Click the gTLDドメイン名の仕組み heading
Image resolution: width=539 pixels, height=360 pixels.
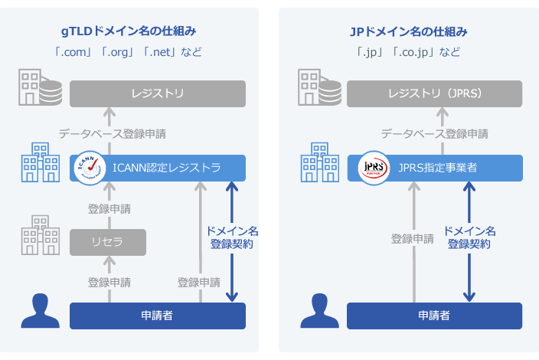pyautogui.click(x=129, y=31)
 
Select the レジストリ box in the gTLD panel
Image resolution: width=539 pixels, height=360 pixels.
pyautogui.click(x=158, y=94)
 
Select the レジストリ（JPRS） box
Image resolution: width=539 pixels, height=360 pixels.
pyautogui.click(x=435, y=94)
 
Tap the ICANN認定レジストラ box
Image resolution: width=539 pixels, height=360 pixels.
pyautogui.click(x=158, y=168)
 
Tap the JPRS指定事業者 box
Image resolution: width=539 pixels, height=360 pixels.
pyautogui.click(x=435, y=168)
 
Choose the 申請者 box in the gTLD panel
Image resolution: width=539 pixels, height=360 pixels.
pyautogui.click(x=158, y=316)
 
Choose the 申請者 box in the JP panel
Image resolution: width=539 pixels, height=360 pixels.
pyautogui.click(x=435, y=316)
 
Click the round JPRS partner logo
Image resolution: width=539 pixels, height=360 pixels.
pyautogui.click(x=374, y=167)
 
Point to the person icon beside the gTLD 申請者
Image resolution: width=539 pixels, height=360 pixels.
pyautogui.click(x=40, y=311)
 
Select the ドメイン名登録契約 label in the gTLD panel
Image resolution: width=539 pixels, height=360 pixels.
pyautogui.click(x=232, y=237)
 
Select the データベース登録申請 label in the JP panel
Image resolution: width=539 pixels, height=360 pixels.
pyautogui.click(x=435, y=133)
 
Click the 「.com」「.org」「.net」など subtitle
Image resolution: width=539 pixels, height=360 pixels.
pyautogui.click(x=129, y=53)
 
